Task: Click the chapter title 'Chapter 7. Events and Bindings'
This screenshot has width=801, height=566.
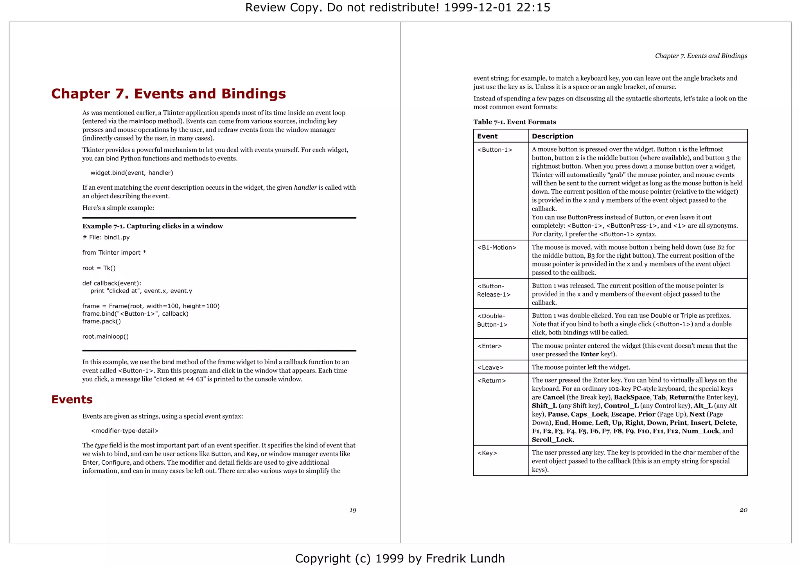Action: coord(169,94)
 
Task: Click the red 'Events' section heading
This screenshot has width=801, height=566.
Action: coord(72,399)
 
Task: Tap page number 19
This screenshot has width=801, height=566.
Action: coord(352,510)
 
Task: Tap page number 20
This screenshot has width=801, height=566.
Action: coord(743,510)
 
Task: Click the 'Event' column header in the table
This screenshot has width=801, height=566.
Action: coord(487,136)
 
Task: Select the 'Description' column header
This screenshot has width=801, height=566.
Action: coord(552,136)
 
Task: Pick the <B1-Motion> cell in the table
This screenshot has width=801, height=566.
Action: coord(497,247)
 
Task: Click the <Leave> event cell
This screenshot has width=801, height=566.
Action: coord(490,367)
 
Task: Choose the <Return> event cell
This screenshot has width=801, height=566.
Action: coord(491,381)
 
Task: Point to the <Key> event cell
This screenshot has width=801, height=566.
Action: coord(487,453)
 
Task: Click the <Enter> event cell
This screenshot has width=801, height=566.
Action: coord(489,346)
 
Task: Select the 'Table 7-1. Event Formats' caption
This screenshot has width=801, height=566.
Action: coord(514,122)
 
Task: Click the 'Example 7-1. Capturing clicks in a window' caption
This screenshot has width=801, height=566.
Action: coord(153,226)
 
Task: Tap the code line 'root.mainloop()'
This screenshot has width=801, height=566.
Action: coord(106,336)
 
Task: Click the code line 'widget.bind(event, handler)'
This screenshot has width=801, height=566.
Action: coord(132,173)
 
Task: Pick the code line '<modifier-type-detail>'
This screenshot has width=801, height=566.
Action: coord(124,431)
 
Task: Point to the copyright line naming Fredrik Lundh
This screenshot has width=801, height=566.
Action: coord(400,558)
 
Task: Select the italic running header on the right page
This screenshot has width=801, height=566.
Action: coord(701,56)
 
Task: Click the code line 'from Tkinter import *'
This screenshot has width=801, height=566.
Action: coord(114,253)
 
